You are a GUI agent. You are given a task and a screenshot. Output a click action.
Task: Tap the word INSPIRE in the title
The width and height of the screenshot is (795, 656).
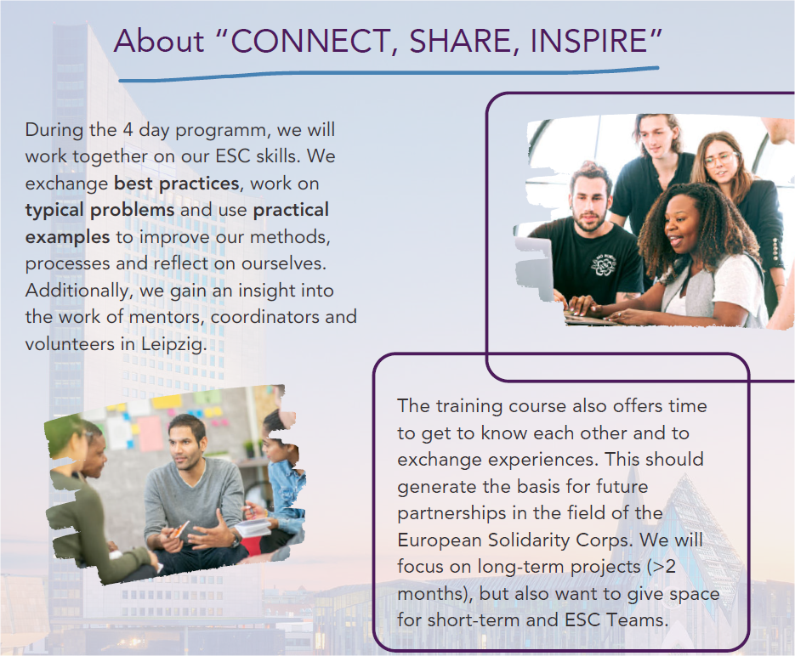click(x=589, y=41)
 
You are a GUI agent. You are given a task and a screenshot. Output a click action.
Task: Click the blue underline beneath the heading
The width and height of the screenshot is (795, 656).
click(x=389, y=73)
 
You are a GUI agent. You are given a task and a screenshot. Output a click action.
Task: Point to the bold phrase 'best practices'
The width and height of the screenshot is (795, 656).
click(x=177, y=184)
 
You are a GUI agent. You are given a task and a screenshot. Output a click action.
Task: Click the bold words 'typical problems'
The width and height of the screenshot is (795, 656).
click(x=99, y=210)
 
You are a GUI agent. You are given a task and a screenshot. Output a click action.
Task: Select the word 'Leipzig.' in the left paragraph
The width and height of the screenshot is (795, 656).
click(x=174, y=344)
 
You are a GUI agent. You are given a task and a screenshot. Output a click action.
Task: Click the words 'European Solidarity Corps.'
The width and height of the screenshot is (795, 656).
click(x=515, y=540)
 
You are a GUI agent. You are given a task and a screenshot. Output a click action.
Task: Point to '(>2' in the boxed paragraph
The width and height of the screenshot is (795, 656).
click(x=662, y=567)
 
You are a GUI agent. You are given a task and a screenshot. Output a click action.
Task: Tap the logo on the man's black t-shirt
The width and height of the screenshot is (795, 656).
click(x=604, y=264)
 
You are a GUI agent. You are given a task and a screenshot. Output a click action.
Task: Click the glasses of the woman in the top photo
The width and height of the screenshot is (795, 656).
click(x=720, y=159)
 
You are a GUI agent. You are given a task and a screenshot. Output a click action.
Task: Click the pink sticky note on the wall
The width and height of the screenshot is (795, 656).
click(x=150, y=433)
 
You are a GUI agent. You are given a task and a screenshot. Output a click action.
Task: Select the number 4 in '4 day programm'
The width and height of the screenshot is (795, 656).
click(x=128, y=130)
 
